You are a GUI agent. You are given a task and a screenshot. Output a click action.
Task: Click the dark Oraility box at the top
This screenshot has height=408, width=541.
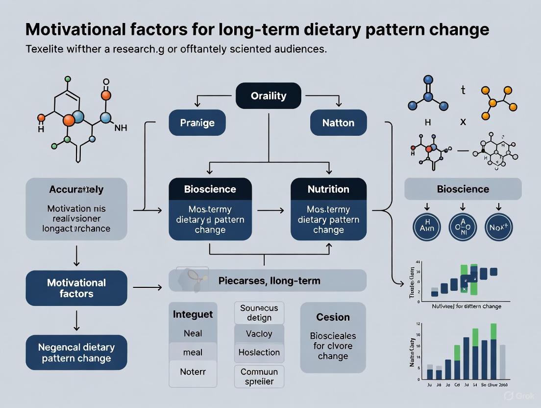click(x=268, y=96)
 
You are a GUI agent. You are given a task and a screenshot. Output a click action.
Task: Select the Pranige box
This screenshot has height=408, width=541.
click(x=197, y=123)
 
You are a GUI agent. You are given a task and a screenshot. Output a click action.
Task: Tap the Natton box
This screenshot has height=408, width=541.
click(x=338, y=123)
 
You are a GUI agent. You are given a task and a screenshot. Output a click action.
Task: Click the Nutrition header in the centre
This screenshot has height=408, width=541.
click(x=328, y=189)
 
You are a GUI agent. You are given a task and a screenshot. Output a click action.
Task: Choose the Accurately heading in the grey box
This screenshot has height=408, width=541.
click(x=76, y=189)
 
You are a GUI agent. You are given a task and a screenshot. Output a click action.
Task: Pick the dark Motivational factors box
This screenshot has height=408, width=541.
click(x=76, y=288)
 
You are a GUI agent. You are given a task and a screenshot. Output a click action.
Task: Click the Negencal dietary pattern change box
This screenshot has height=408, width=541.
click(x=76, y=353)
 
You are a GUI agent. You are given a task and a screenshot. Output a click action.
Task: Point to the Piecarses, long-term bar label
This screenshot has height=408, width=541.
click(x=269, y=281)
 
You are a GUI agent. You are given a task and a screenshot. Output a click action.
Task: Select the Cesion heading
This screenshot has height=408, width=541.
click(x=333, y=317)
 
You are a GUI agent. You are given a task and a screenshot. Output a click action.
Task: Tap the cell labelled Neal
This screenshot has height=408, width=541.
click(x=193, y=333)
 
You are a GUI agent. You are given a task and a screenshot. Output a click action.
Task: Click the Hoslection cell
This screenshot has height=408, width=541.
click(x=259, y=352)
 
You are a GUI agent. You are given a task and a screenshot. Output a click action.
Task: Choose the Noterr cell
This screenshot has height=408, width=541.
click(x=193, y=372)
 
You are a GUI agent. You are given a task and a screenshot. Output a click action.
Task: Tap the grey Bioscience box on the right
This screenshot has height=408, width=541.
click(x=463, y=189)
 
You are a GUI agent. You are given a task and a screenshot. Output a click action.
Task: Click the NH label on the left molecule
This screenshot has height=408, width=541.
click(x=121, y=127)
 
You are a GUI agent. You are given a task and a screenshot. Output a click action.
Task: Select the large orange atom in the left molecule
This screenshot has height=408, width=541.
click(x=69, y=120)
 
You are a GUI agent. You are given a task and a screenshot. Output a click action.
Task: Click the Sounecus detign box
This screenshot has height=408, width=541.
click(x=259, y=313)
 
